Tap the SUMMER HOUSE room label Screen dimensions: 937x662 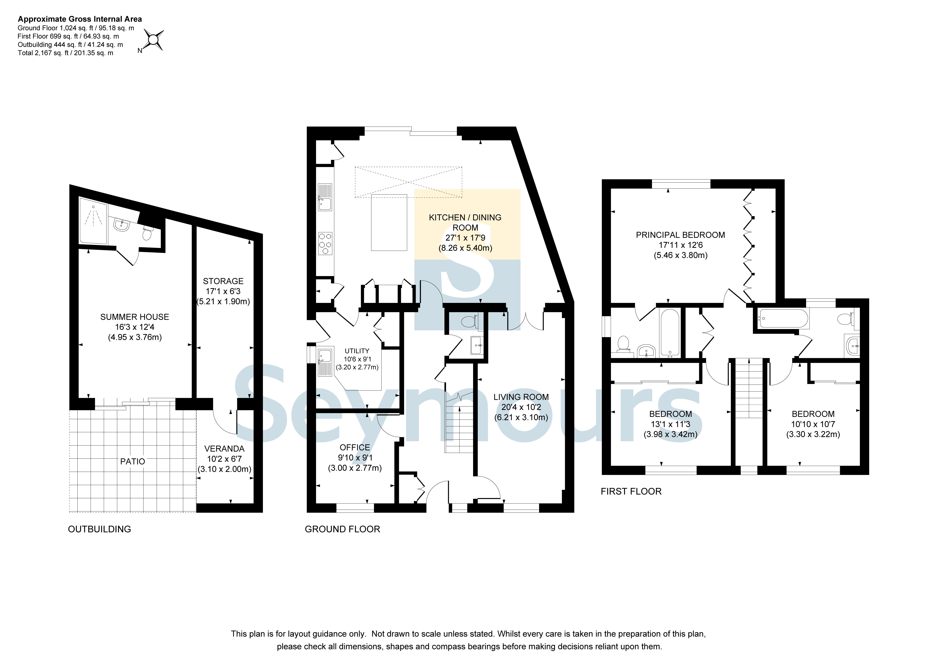(x=135, y=317)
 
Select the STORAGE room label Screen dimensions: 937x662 (x=223, y=281)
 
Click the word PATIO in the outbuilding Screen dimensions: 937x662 (x=133, y=462)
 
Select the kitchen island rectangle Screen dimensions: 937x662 (x=389, y=222)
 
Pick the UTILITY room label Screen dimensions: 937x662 (x=357, y=351)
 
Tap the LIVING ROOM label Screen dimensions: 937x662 (x=521, y=397)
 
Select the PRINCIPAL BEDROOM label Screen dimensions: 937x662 (x=681, y=235)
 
